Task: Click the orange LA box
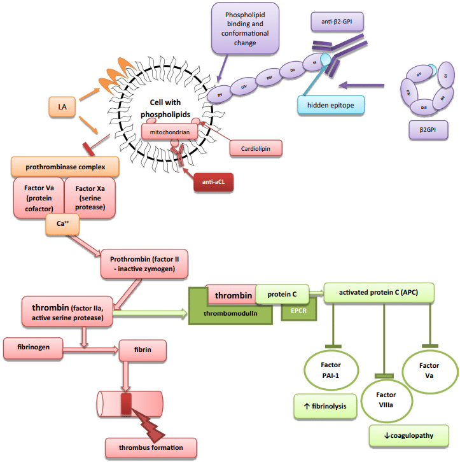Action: [62, 107]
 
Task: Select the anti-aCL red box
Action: [213, 182]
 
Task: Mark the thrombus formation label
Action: [154, 447]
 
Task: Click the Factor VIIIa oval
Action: [384, 400]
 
